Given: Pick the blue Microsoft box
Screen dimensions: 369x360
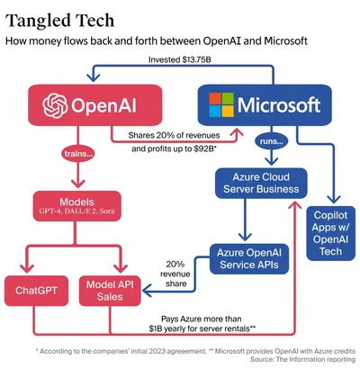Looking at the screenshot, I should [261, 104].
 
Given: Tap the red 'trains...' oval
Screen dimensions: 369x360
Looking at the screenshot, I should [80, 154].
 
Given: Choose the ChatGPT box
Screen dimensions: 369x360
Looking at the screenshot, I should [36, 290].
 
